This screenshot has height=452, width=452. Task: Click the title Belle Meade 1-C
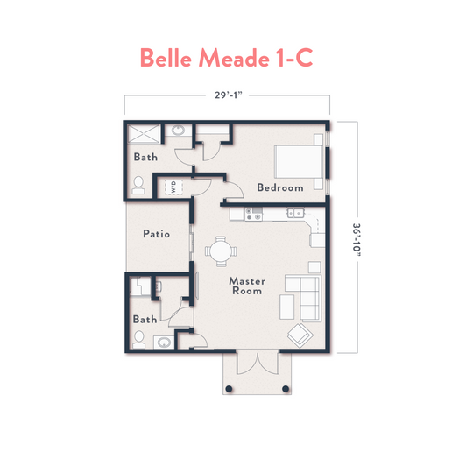click(x=226, y=58)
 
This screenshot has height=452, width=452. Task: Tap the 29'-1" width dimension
click(x=229, y=95)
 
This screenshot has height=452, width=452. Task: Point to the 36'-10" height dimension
click(x=357, y=240)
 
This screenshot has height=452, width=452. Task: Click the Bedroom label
click(x=280, y=187)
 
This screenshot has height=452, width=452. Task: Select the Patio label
click(x=156, y=234)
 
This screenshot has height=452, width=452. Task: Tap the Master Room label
click(x=247, y=286)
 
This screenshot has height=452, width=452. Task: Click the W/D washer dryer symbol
click(x=173, y=187)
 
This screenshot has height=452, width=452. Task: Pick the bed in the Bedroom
click(x=299, y=161)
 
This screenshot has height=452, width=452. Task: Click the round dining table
click(x=221, y=251)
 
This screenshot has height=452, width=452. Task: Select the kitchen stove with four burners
click(x=253, y=214)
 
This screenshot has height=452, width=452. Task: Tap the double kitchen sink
click(x=295, y=213)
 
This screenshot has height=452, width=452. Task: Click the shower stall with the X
click(x=144, y=134)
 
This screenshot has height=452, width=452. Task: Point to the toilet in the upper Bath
click(x=138, y=186)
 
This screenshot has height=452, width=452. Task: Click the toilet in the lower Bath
click(x=138, y=340)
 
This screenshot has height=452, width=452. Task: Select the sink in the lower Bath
click(x=164, y=343)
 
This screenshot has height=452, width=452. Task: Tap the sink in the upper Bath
click(x=178, y=131)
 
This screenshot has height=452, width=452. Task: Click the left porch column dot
click(x=229, y=389)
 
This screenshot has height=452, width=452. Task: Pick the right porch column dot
click(x=286, y=389)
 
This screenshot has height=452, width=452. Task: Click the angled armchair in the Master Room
click(x=300, y=335)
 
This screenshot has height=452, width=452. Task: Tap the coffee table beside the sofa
click(x=287, y=307)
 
